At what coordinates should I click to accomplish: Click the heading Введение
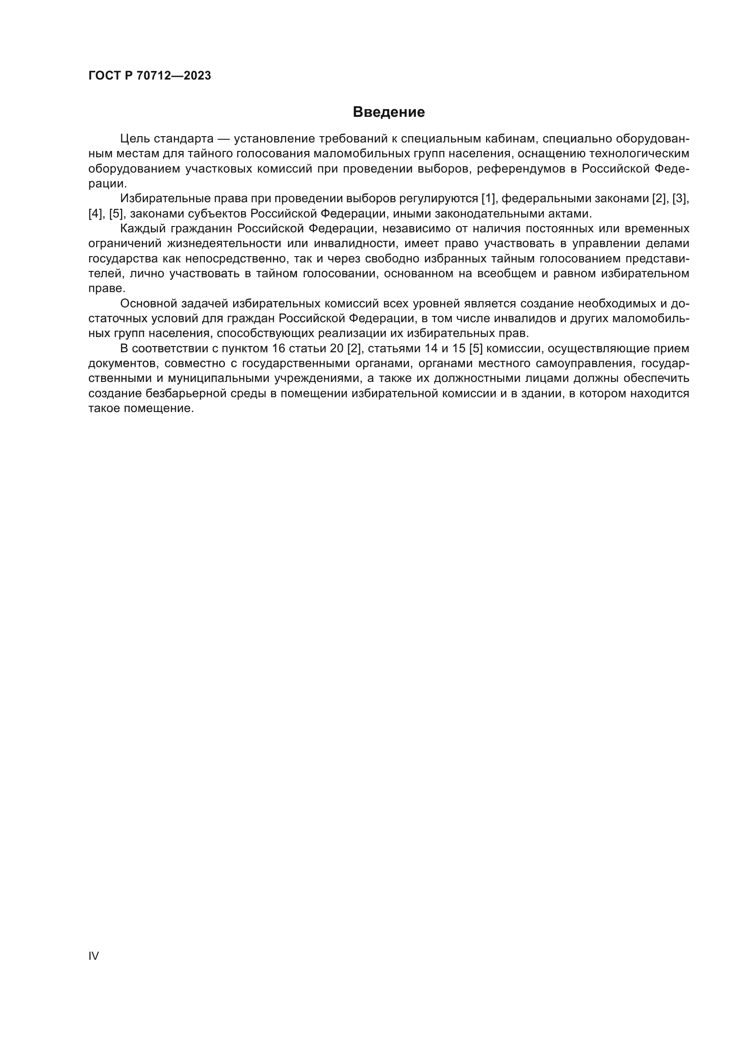tap(389, 112)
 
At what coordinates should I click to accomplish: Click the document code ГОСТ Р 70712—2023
tap(150, 76)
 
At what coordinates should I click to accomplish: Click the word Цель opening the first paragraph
tap(134, 139)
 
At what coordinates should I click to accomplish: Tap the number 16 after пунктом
tap(278, 349)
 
